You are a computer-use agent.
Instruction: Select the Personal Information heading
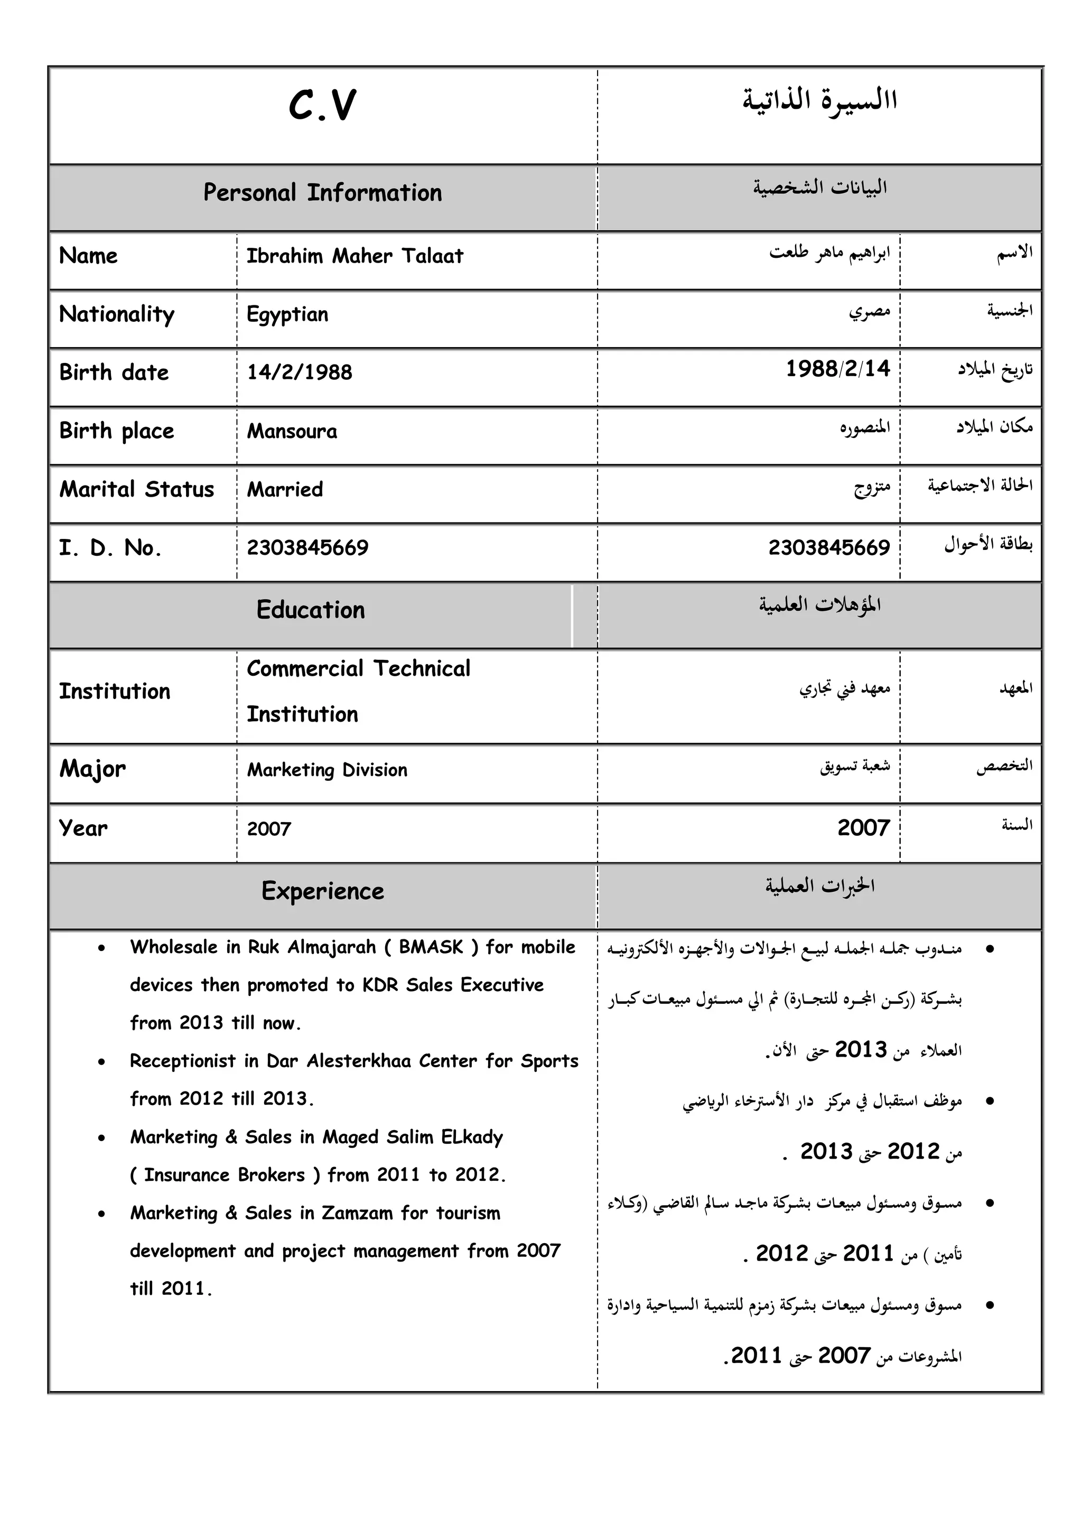[322, 193]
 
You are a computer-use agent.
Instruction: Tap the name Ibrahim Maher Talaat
[355, 256]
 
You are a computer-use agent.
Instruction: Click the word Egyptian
[287, 314]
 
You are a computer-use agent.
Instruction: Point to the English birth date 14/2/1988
[299, 372]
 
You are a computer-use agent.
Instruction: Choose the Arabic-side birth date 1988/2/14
[837, 369]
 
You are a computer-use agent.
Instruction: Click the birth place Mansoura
[292, 431]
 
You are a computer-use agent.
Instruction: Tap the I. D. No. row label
[110, 548]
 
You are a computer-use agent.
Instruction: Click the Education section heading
[311, 610]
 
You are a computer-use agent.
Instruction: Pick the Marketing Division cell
[327, 770]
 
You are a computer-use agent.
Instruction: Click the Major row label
[92, 769]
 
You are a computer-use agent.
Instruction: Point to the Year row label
[83, 828]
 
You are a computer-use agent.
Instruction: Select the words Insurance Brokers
[225, 1176]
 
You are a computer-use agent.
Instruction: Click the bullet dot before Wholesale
[101, 948]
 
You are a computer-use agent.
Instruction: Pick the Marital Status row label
[137, 490]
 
